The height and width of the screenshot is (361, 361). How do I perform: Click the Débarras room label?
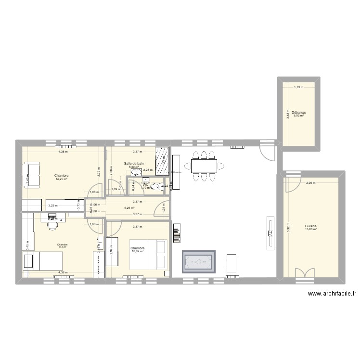[x=300, y=112]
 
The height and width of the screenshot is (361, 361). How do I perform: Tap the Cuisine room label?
[x=310, y=225]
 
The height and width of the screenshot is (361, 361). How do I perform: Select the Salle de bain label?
[x=133, y=164]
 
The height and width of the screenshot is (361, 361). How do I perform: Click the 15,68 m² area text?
[x=310, y=229]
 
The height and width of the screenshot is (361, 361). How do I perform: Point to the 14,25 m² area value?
[x=62, y=180]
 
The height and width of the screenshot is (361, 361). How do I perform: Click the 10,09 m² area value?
[x=138, y=251]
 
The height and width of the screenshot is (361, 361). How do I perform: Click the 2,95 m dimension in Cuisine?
[x=311, y=183]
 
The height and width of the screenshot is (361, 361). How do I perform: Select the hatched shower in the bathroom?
[x=162, y=157]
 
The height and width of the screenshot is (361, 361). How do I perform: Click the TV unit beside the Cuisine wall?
[x=270, y=233]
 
